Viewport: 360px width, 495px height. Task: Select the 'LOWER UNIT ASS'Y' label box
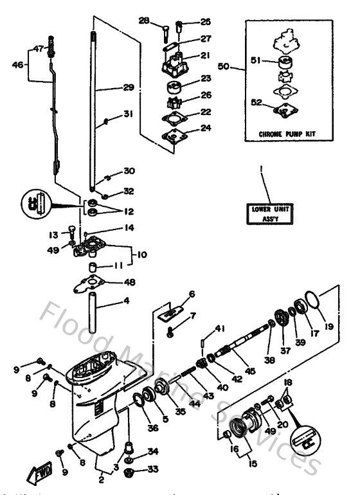270,213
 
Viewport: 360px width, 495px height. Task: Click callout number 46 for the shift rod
18,64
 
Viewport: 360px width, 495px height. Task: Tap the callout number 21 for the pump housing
205,56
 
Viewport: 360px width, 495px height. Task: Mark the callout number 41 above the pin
221,328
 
